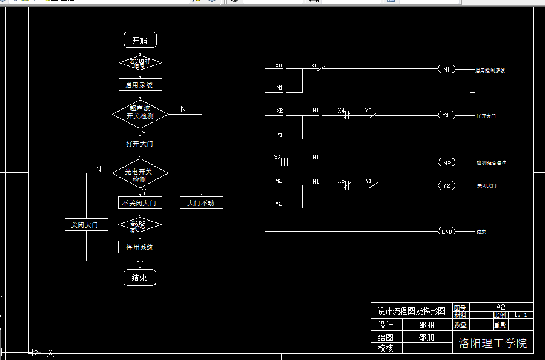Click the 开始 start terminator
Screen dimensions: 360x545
click(140, 40)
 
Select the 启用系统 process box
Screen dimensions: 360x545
click(140, 85)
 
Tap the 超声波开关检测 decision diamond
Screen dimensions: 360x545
click(140, 113)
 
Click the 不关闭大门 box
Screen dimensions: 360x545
click(139, 203)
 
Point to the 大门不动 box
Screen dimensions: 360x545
click(202, 203)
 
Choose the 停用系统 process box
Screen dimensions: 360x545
click(140, 247)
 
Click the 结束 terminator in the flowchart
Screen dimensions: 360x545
click(139, 278)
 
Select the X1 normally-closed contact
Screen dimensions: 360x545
click(319, 69)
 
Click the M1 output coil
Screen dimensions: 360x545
click(446, 69)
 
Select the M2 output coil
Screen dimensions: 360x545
click(446, 162)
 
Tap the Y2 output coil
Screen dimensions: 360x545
click(446, 185)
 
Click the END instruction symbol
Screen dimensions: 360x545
click(446, 232)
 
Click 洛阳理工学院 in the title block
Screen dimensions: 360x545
click(492, 344)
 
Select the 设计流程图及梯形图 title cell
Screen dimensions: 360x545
click(411, 311)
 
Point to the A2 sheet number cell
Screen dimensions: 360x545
click(500, 307)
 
